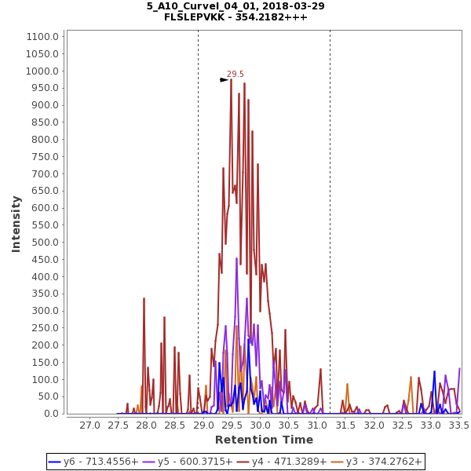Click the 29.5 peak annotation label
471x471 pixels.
coord(235,75)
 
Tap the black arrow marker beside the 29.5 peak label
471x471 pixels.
coord(224,79)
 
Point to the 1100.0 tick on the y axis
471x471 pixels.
coord(42,36)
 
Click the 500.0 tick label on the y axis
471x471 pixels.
coord(44,243)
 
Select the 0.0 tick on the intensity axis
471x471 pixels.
coord(51,414)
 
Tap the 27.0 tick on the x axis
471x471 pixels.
coord(89,425)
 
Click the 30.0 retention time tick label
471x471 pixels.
coord(260,425)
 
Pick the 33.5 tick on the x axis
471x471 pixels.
coord(458,425)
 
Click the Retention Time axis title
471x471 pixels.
coord(264,440)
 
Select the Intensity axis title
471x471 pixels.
coord(16,224)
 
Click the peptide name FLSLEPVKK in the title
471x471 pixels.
coord(197,16)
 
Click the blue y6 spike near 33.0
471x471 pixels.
coord(434,374)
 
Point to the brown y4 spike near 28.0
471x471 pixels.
coord(144,300)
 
